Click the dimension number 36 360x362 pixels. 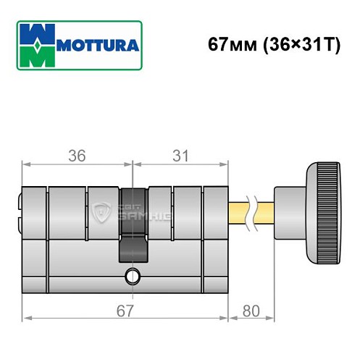(x=78, y=154)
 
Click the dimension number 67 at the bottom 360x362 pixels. (x=126, y=311)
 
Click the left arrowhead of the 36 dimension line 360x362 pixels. (x=26, y=164)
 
